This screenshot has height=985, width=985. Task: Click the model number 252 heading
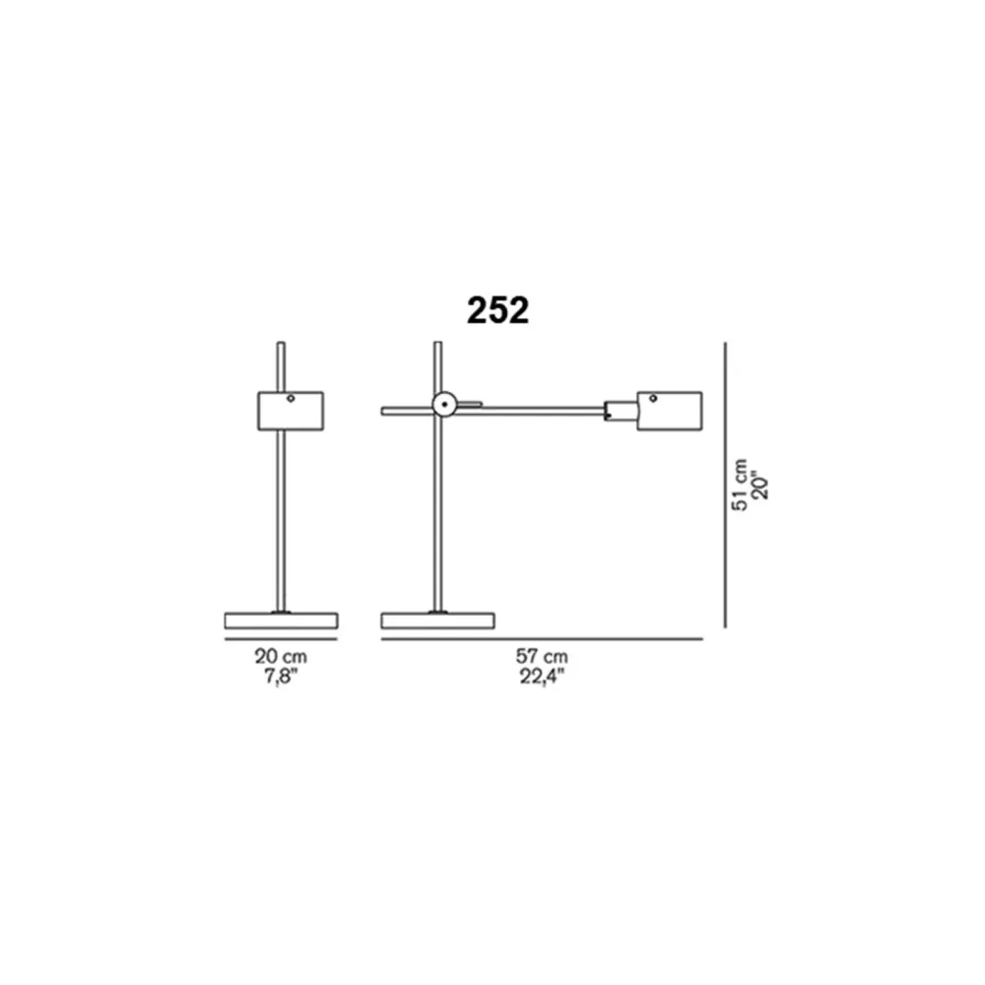coord(497,310)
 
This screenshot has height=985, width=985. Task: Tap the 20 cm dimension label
coord(281,656)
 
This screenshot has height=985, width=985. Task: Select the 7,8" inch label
coord(280,678)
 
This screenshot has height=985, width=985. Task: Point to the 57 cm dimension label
coord(542,656)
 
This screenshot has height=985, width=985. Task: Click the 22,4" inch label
coord(542,678)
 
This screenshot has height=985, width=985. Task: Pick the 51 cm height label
coord(740,485)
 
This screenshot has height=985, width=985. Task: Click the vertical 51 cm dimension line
coord(725,485)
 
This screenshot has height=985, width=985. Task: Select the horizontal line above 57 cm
coord(542,639)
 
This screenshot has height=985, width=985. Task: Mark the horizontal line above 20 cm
coord(281,639)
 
